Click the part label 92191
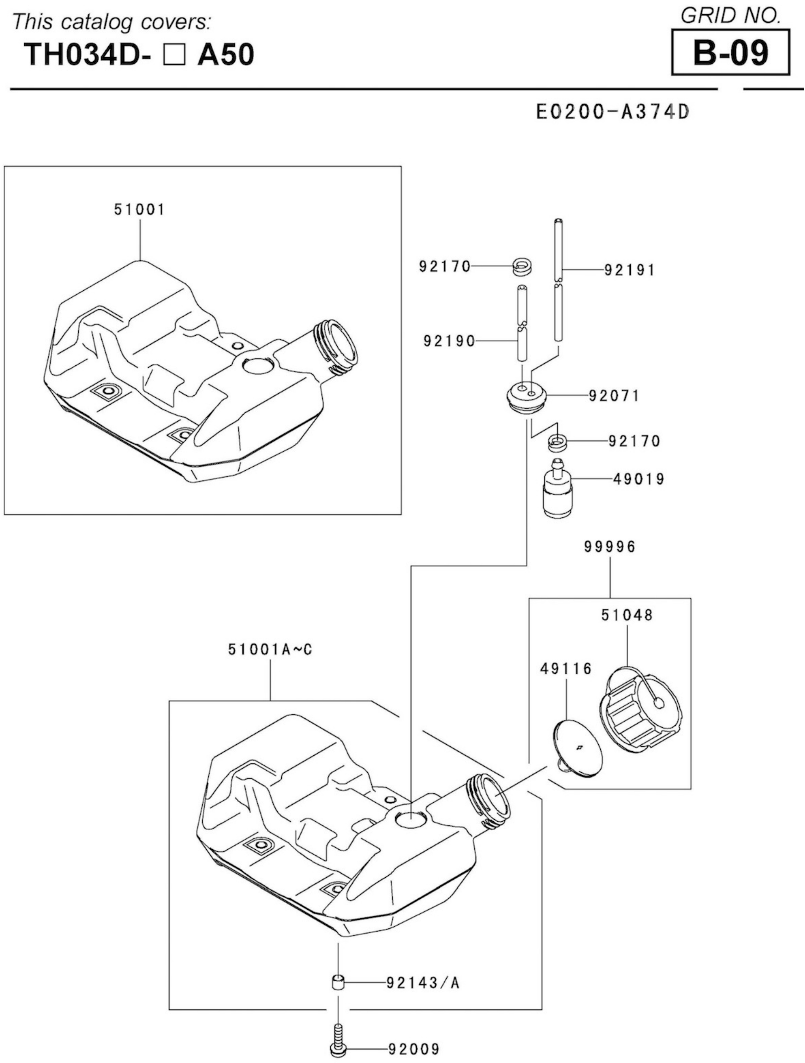coord(629,271)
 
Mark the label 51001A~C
coord(270,650)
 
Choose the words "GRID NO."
coord(730,16)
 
